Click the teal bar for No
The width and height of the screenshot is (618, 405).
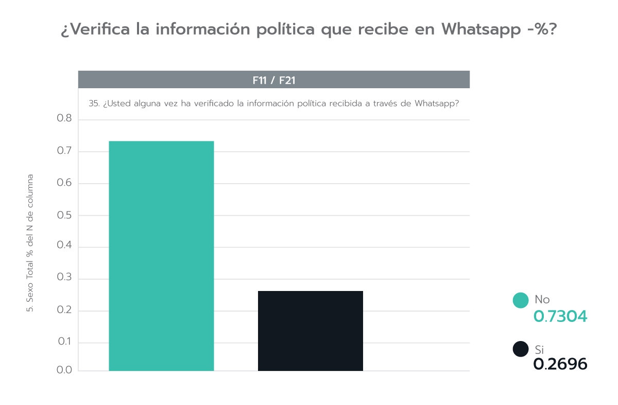coord(161,255)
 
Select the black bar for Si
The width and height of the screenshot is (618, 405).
coord(310,331)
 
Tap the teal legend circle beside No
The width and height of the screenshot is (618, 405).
coord(521,300)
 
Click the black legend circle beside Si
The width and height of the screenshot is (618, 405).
coord(521,349)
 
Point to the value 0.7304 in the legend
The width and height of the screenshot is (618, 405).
coord(560,316)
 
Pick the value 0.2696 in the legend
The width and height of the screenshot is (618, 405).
coord(560,364)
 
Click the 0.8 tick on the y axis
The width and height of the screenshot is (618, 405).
coord(64,120)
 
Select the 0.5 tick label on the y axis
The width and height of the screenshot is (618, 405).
coord(64,215)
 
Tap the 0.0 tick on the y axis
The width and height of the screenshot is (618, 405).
coord(64,370)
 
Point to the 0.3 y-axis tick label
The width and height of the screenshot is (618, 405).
coord(64,279)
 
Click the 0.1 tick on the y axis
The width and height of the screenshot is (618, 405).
coord(64,343)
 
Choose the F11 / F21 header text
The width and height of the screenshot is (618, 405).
coord(273,80)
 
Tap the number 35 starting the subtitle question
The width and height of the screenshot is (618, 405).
coord(93,103)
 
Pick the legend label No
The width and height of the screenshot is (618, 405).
coord(542,299)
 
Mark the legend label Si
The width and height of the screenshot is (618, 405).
coord(539,350)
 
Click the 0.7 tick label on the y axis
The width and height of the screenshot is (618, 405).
coord(64,152)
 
